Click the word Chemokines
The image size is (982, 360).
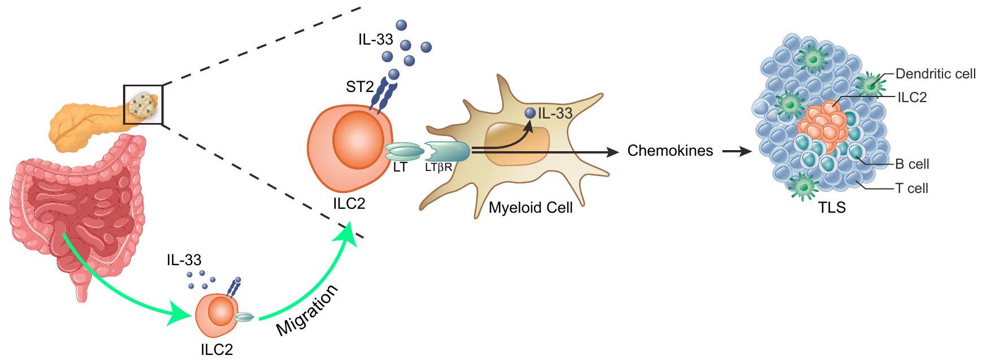coord(670,151)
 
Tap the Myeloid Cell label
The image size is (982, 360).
coord(531,208)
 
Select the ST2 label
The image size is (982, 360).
coord(360,87)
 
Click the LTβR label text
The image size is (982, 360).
coord(439,168)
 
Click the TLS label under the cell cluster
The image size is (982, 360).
coord(832,208)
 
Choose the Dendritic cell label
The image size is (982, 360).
coord(935,74)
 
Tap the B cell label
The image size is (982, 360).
coord(912,164)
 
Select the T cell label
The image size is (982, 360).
coord(911,188)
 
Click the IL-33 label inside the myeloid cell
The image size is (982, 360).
coord(555,113)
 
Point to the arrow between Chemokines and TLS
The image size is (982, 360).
coord(737,151)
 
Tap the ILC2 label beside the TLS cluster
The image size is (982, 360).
coord(912,97)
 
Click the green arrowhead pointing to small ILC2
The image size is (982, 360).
coord(181,316)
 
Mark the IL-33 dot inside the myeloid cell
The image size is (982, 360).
coord(529,113)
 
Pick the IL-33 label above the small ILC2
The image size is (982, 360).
coord(184,260)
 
